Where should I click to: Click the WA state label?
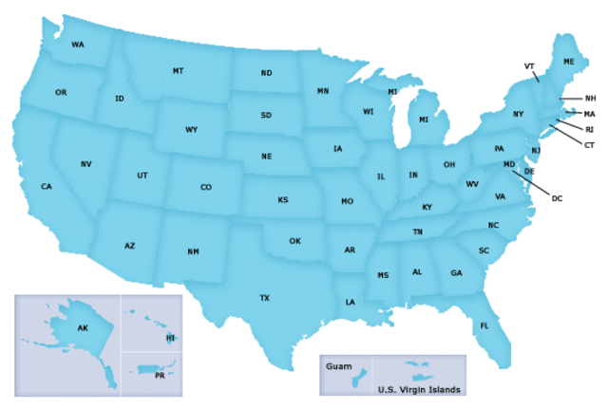[x=78, y=45]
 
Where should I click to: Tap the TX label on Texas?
[x=265, y=298]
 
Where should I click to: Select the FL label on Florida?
[x=484, y=325]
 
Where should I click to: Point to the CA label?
[x=46, y=186]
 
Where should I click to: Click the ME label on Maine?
[x=569, y=62]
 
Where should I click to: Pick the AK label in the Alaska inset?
[x=83, y=327]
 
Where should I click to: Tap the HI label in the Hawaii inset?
[x=170, y=338]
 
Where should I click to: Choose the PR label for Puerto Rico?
[x=160, y=375]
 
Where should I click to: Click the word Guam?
[x=338, y=365]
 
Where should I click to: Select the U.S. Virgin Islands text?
[x=419, y=389]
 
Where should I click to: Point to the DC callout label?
[x=558, y=198]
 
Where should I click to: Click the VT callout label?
[x=529, y=65]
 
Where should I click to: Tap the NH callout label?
[x=590, y=99]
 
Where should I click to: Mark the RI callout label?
[x=589, y=129]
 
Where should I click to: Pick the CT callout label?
[x=589, y=145]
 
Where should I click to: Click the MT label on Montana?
[x=179, y=71]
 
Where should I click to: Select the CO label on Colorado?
[x=206, y=187]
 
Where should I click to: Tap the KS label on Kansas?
[x=283, y=200]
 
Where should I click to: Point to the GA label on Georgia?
[x=456, y=273]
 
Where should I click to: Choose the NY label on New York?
[x=518, y=115]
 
